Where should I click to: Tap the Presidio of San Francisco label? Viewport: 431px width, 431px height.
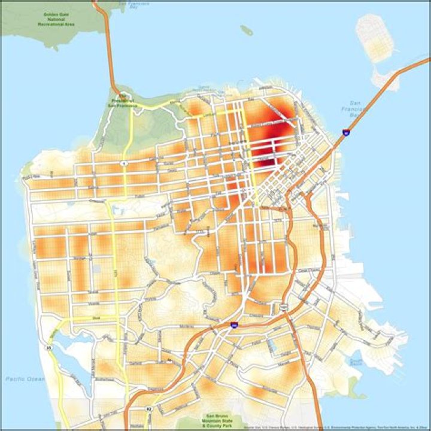coord(122,102)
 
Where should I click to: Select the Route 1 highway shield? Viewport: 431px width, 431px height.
coord(124,163)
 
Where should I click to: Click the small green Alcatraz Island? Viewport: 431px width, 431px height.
coord(247,30)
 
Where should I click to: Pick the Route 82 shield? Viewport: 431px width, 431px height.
coord(149,409)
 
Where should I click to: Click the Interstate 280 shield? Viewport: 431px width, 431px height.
coord(233,326)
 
